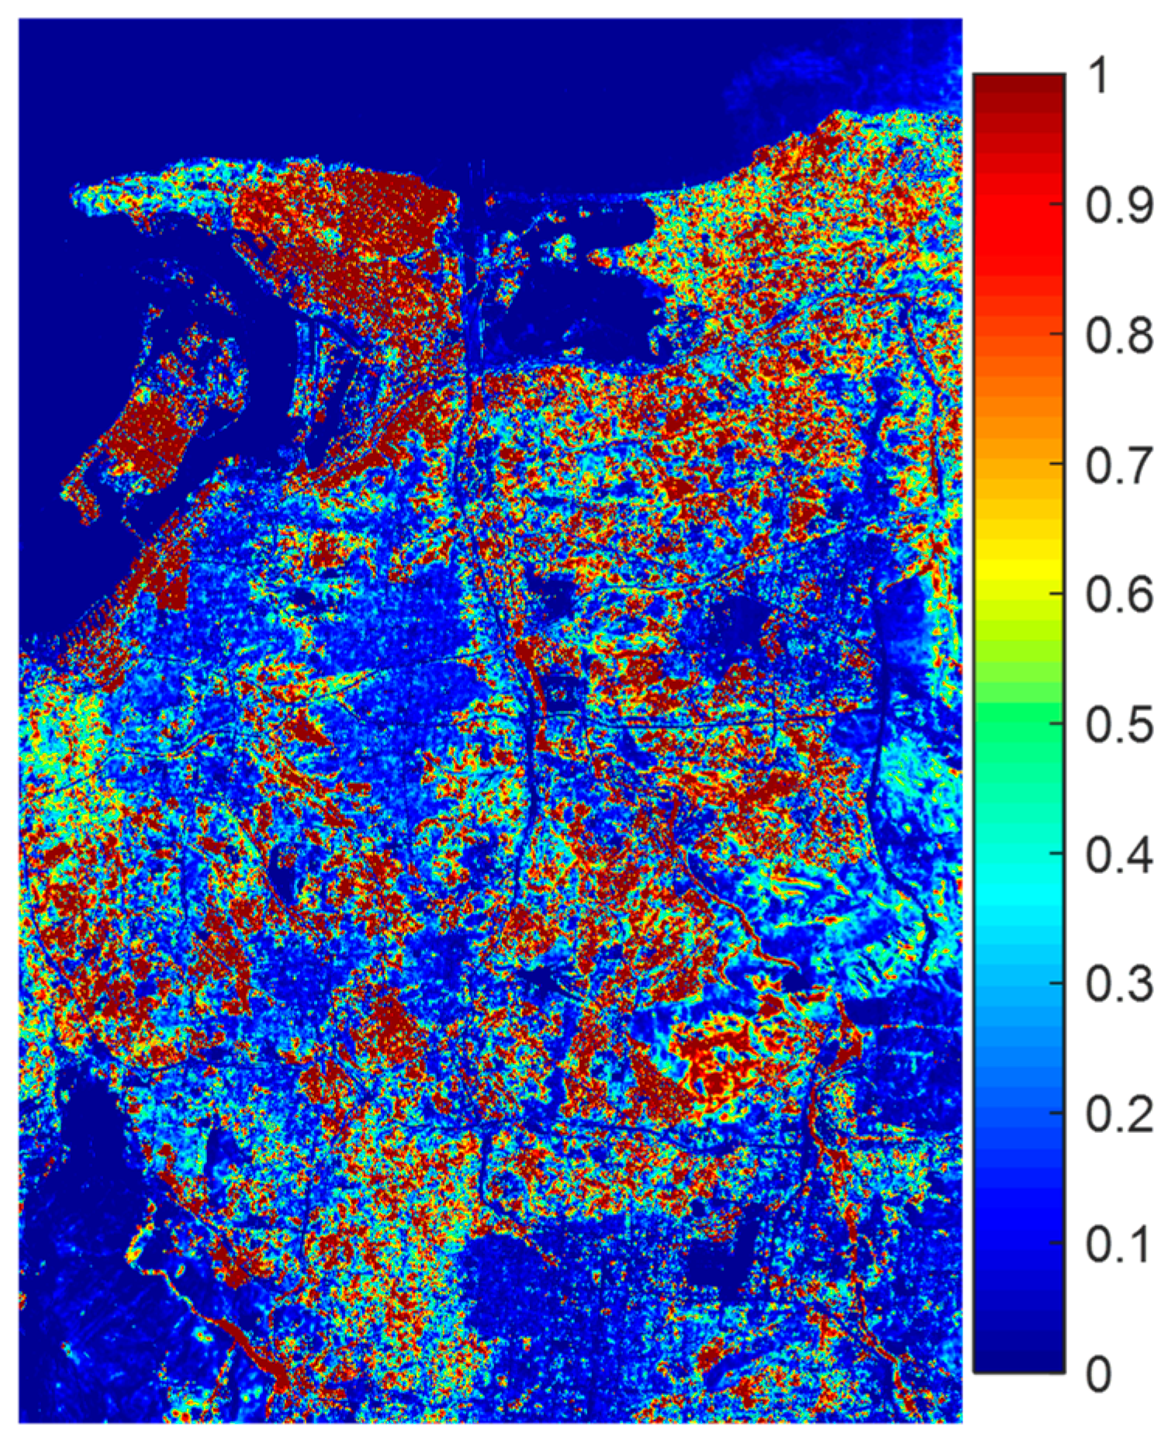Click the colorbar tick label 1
point(1100,78)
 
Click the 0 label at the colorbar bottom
point(1100,1373)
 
